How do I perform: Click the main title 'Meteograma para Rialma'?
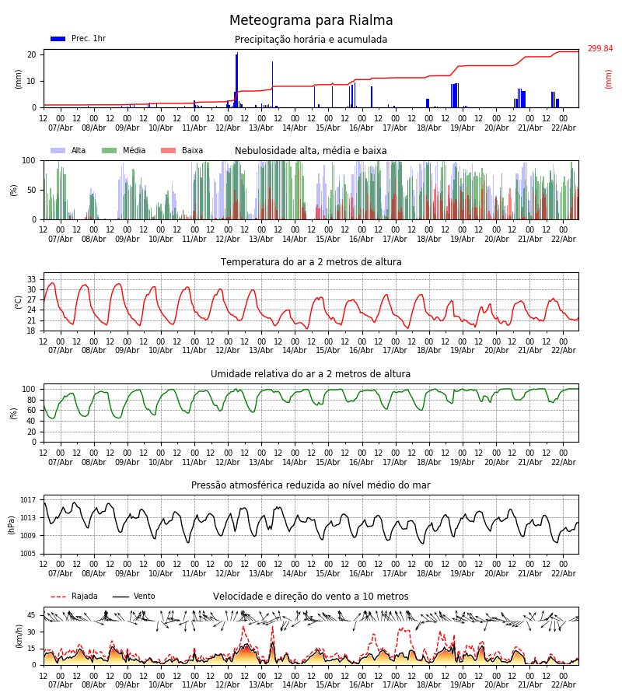(x=311, y=21)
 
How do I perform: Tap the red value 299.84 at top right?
(x=599, y=49)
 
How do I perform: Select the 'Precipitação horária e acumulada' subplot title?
(x=311, y=40)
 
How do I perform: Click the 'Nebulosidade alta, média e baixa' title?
(x=311, y=151)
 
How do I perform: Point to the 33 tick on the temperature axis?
(x=32, y=279)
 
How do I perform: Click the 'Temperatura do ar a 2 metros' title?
(x=311, y=262)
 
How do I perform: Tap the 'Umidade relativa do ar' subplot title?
(x=311, y=374)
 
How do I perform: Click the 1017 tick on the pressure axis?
(x=28, y=500)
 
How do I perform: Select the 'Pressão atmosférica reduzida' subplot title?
(x=311, y=485)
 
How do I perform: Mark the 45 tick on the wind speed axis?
(x=32, y=615)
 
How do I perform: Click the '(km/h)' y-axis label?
(x=19, y=636)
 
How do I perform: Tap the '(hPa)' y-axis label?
(x=12, y=524)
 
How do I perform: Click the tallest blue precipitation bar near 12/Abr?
(x=237, y=78)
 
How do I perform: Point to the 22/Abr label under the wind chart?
(x=563, y=684)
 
